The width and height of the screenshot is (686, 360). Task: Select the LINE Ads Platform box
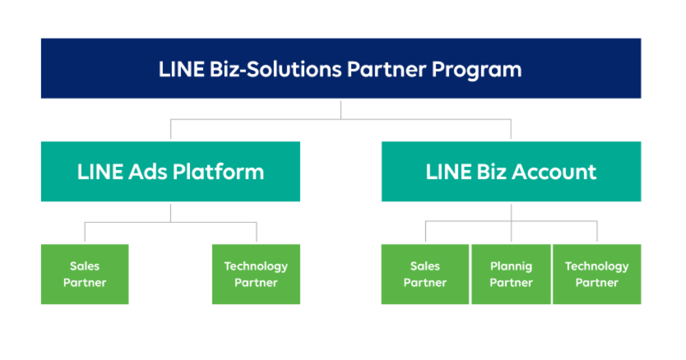click(x=170, y=171)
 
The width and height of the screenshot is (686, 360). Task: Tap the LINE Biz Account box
click(x=511, y=171)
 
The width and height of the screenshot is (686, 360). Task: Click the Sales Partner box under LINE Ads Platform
click(x=85, y=274)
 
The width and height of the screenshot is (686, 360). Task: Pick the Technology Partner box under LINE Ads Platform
click(x=256, y=274)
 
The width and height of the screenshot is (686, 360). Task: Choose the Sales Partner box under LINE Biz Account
click(x=425, y=274)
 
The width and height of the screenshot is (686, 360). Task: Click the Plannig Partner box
click(x=511, y=274)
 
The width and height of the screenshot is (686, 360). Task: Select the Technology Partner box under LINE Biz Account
click(x=596, y=274)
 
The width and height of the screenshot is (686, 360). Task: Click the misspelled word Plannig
click(x=511, y=266)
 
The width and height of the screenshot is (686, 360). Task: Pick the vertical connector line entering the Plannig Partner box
click(x=511, y=231)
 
